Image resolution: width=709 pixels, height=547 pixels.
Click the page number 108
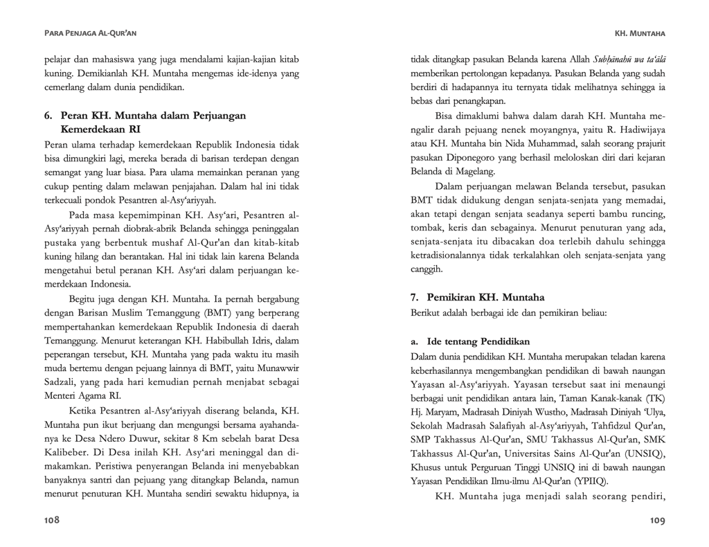(52, 520)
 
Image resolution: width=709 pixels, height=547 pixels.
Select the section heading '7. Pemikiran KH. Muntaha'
(477, 297)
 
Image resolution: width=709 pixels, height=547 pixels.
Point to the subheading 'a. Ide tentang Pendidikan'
(470, 341)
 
